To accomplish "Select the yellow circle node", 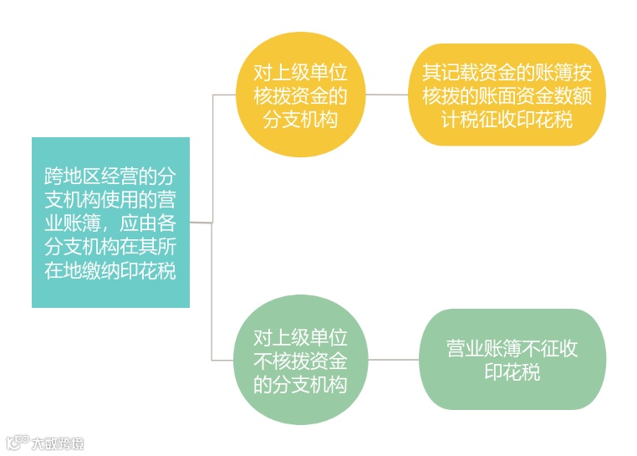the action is pos(300,96).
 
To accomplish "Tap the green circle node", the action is pos(300,361).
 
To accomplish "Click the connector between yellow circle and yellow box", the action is pos(388,95).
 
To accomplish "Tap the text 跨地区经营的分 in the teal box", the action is pos(110,177).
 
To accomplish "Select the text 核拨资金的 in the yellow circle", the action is pos(300,96).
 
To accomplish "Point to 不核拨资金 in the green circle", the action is pos(300,361).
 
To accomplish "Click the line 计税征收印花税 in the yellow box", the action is pos(507,119).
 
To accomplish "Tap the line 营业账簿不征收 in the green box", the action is pos(512,348).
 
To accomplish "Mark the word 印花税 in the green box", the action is pos(512,371).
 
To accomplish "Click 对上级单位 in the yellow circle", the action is pos(300,73).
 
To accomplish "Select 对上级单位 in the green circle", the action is pos(300,337).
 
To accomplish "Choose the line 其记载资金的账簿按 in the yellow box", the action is pos(507,72).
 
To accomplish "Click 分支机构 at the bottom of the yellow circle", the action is pos(300,120).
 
